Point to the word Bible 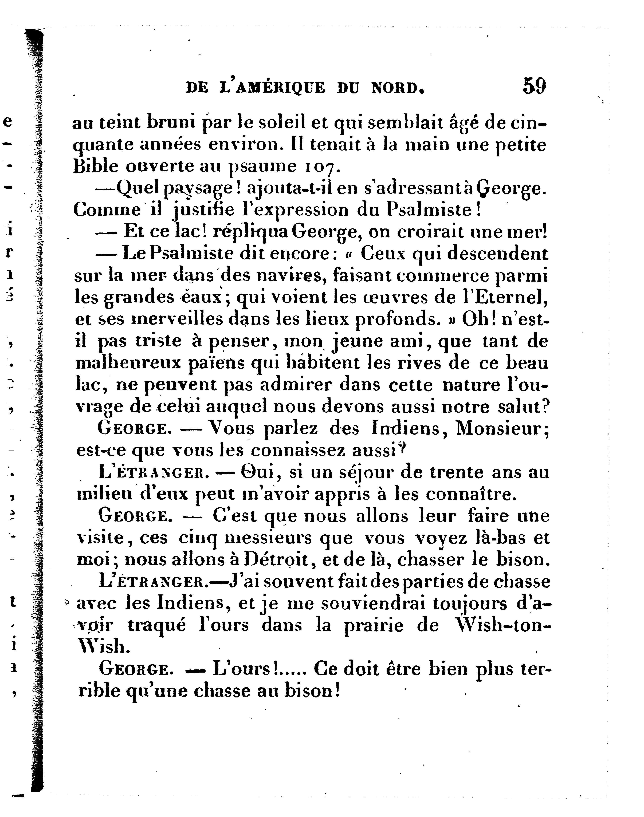pyautogui.click(x=96, y=167)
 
